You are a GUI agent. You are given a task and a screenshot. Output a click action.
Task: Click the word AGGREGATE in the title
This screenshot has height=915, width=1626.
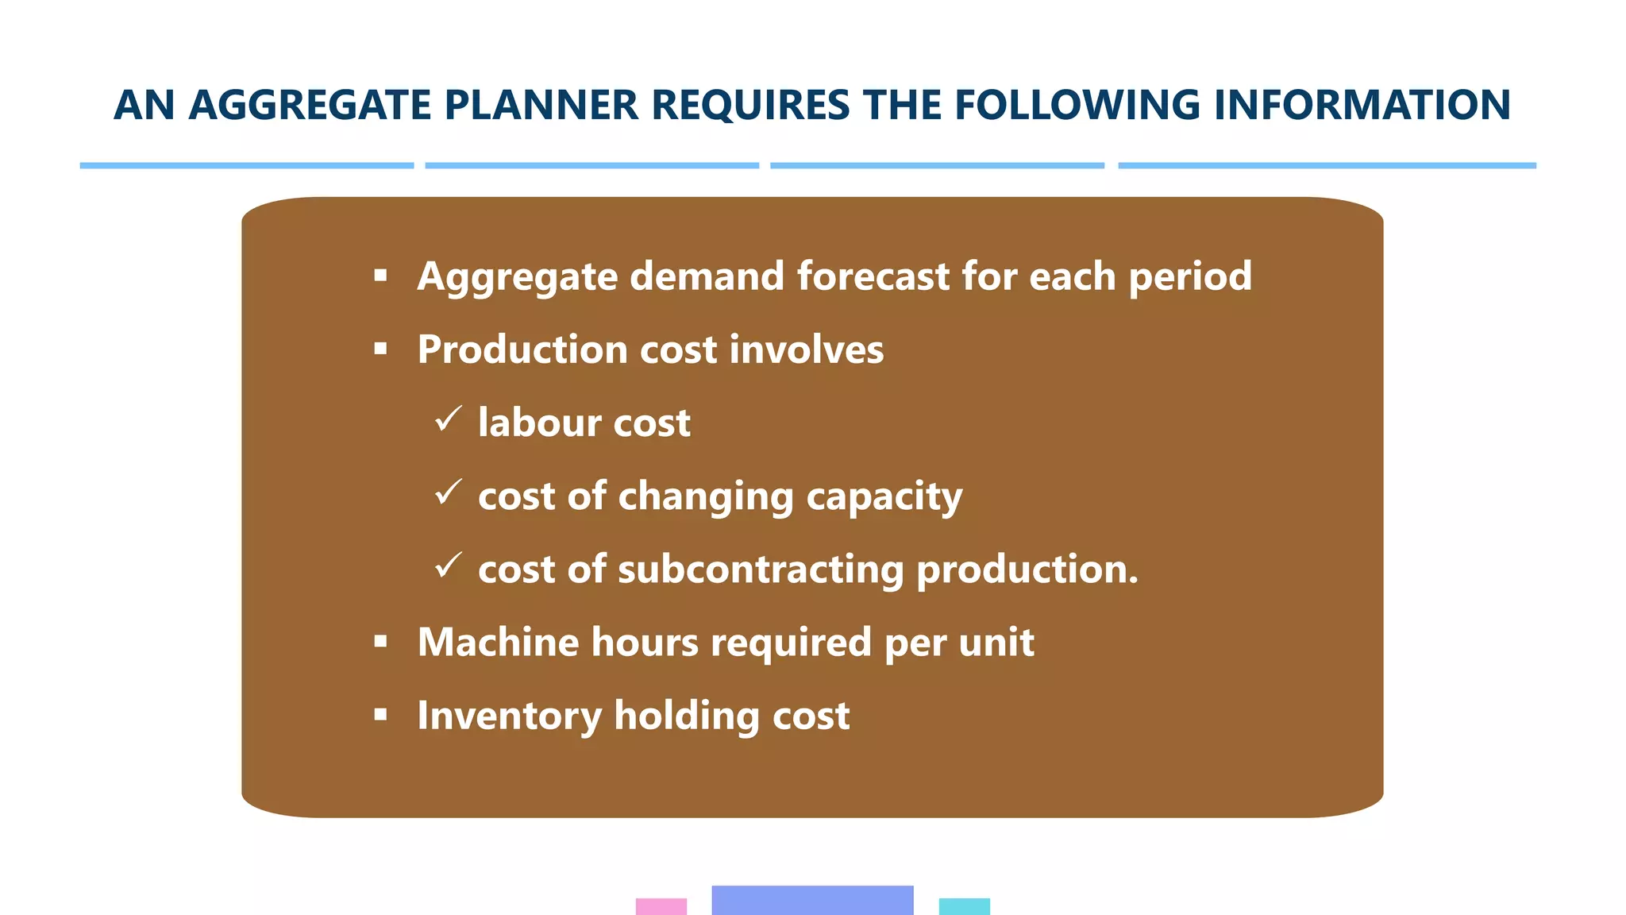(310, 106)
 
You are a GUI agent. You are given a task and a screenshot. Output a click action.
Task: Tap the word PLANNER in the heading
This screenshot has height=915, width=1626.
(541, 106)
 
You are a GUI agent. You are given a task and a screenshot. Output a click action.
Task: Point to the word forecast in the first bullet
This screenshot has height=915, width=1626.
(873, 276)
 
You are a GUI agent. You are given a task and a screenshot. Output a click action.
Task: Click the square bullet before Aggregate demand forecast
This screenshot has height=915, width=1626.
(380, 276)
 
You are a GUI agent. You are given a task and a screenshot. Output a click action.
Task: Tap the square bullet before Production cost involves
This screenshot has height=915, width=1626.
(380, 349)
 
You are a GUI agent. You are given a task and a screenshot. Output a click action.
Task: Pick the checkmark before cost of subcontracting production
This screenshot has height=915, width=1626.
(449, 566)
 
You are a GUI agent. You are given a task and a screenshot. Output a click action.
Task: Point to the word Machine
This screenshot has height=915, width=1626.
(498, 642)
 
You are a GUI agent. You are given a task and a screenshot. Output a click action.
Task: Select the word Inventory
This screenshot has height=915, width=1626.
(509, 716)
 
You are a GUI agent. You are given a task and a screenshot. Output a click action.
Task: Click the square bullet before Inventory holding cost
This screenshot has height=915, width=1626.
(380, 715)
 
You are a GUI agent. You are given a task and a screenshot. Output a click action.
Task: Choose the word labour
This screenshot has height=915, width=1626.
(539, 423)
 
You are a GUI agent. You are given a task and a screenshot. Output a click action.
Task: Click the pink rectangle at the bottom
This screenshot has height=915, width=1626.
(661, 906)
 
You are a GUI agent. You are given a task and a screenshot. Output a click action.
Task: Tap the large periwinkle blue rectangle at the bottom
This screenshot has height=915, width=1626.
(812, 900)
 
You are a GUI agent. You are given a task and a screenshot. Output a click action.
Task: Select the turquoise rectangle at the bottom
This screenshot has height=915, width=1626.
(964, 906)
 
